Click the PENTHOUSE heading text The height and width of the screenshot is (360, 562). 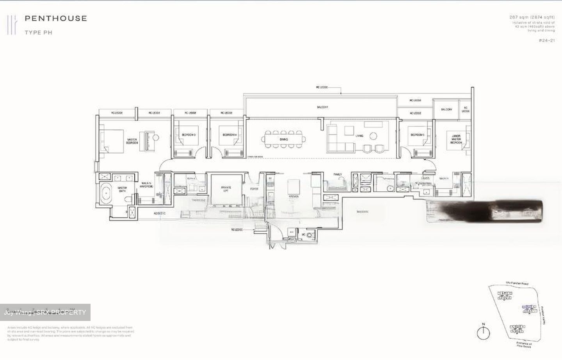click(x=55, y=18)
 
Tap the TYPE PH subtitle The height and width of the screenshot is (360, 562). click(x=38, y=33)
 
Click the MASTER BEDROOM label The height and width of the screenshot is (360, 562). click(x=132, y=141)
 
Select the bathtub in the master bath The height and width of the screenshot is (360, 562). click(x=106, y=194)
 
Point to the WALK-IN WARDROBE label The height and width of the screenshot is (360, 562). click(x=146, y=185)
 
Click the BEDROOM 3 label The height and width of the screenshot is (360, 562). click(x=189, y=135)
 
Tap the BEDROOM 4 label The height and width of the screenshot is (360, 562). click(x=229, y=135)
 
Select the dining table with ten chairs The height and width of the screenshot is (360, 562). click(x=283, y=139)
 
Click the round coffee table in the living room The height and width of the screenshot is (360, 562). click(x=373, y=136)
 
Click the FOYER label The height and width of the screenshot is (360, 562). click(x=254, y=189)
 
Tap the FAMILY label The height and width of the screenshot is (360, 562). click(x=338, y=175)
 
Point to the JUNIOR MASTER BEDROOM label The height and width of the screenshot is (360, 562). click(x=456, y=139)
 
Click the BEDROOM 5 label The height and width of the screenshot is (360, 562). click(x=417, y=135)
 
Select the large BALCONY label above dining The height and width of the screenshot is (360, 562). click(x=322, y=107)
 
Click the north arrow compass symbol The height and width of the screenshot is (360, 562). click(x=484, y=332)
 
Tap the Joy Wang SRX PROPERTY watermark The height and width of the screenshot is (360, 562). click(x=45, y=312)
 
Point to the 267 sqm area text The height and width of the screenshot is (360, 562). click(x=532, y=17)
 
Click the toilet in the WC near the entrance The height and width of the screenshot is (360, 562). click(x=310, y=235)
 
